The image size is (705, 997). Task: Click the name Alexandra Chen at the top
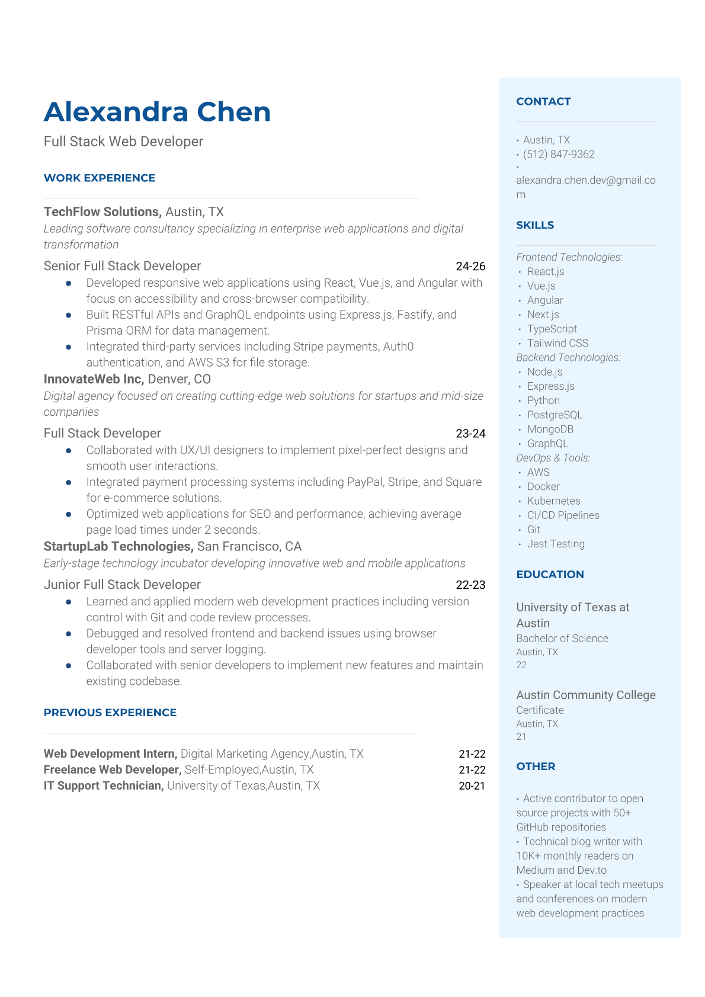pos(157,112)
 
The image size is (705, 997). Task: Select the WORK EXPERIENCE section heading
pos(100,178)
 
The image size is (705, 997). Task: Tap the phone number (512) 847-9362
pos(558,154)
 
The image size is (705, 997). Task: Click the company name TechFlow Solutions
pos(102,211)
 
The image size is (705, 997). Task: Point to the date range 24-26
pos(470,266)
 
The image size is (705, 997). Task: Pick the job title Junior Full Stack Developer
pos(122,585)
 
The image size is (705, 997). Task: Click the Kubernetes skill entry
pos(553,501)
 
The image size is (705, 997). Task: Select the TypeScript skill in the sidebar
pos(552,329)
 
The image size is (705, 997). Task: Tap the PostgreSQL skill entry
pos(555,415)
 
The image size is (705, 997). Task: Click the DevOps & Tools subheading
pos(553,458)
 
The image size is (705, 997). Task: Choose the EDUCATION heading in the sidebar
pos(550,574)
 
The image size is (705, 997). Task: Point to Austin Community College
pos(585,695)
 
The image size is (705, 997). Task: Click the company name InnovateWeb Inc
pos(94,379)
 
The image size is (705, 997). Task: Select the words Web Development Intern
pos(110,754)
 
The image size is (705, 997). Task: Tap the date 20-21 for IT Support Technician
pos(472,786)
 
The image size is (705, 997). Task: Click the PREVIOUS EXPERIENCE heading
pos(110,713)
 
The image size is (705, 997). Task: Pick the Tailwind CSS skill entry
pos(557,343)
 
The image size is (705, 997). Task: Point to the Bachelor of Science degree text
pos(562,638)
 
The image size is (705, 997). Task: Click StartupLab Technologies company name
pos(118,546)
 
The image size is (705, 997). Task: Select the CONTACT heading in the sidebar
pos(543,101)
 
